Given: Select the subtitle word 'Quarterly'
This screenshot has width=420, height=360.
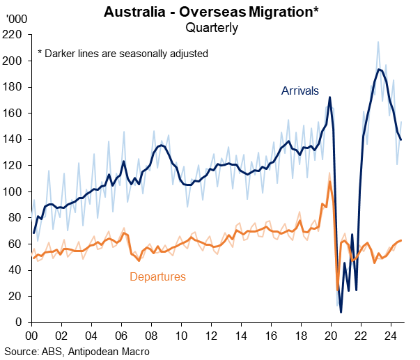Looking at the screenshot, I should point(212,28).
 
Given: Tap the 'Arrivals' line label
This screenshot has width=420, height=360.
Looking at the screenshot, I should point(300,91).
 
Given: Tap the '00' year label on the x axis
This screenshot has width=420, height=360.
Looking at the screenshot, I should point(31,335).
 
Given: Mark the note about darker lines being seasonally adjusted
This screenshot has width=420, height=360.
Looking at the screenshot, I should point(123,54).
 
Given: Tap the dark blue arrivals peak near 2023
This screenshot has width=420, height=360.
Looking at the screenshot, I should point(378,69).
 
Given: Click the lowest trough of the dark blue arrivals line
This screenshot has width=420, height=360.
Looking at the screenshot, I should point(341,311).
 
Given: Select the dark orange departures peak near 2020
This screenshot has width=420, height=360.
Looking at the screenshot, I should point(329,182).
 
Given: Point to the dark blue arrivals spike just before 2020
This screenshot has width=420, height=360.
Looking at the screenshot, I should point(329,97).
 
